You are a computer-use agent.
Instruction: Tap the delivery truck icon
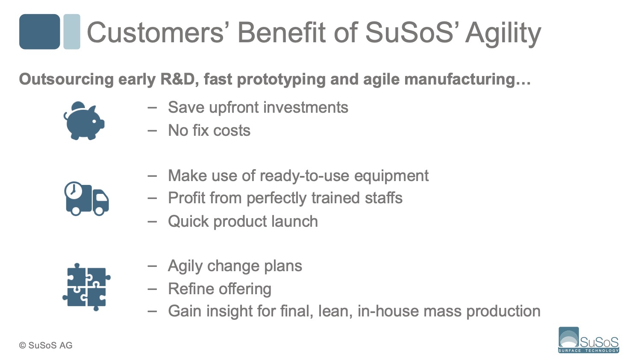coord(86,199)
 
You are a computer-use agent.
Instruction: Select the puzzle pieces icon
coord(86,287)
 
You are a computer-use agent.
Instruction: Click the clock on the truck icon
coord(73,190)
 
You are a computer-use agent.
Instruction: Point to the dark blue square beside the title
coord(39,32)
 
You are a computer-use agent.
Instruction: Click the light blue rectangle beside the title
coord(72,32)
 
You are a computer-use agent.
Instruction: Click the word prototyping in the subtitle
coord(281,80)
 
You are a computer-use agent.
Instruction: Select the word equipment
coord(391,176)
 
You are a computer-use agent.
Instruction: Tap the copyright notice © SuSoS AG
coord(46,345)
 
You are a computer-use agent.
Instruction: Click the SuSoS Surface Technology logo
coord(588,340)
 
